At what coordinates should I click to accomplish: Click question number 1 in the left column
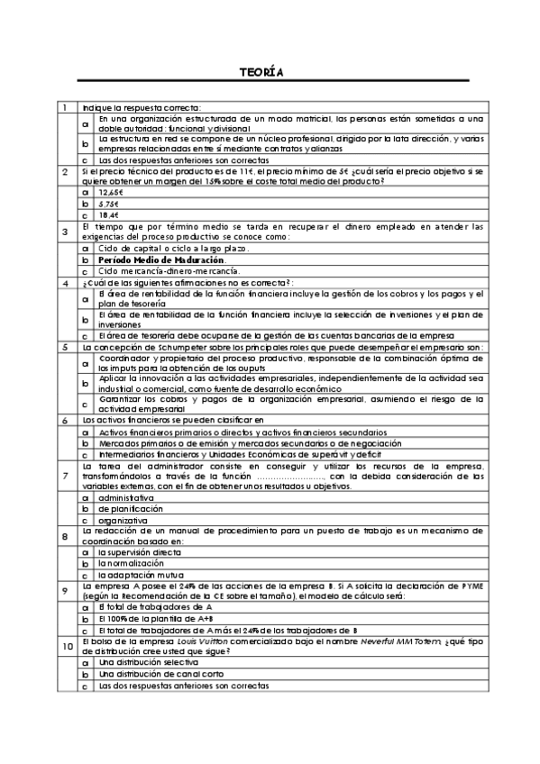point(64,108)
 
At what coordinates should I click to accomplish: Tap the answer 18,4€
point(109,214)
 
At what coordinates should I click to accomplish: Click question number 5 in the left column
point(64,346)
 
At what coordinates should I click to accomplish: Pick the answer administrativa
point(129,496)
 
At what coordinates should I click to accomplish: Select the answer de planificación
point(131,508)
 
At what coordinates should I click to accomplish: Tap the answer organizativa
point(124,520)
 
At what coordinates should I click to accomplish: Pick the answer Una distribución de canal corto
point(157,674)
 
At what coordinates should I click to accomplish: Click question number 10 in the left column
point(67,646)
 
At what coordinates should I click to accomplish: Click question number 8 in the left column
point(64,537)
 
